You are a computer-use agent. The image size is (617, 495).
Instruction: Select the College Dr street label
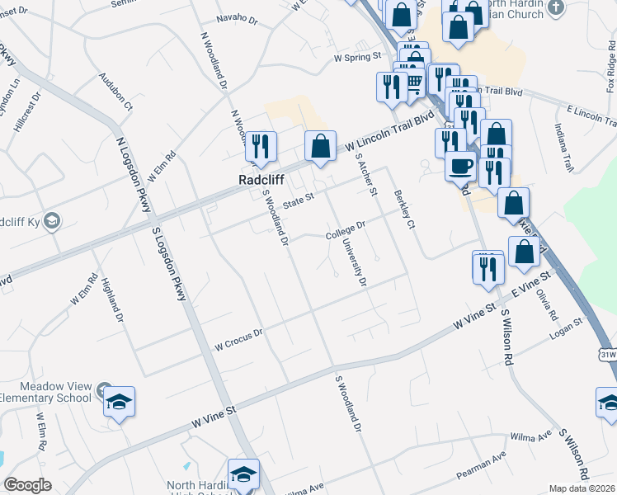(x=345, y=231)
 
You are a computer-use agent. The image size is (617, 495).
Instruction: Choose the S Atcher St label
(x=365, y=174)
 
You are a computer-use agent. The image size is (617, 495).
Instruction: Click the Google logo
(x=27, y=485)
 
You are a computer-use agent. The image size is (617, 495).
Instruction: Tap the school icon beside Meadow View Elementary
(x=120, y=402)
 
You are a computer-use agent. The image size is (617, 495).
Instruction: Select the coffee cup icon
(x=460, y=165)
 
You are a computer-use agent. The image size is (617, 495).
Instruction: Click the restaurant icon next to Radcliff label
(x=260, y=146)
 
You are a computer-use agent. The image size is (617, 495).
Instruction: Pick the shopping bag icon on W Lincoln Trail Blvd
(x=320, y=146)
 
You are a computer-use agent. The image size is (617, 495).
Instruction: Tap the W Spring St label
(x=358, y=58)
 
